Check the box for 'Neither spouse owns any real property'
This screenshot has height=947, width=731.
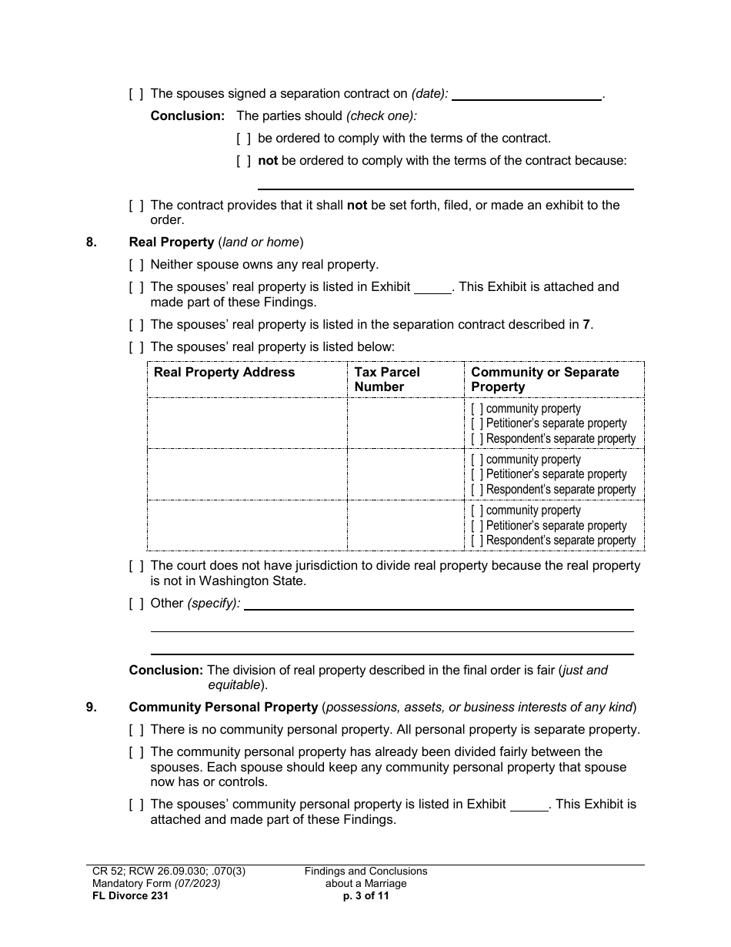tap(136, 265)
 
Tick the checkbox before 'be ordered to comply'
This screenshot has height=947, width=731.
tap(243, 139)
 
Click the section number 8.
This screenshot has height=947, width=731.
tap(92, 242)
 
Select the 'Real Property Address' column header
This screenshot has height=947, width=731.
tap(224, 372)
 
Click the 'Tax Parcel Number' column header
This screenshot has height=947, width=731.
tap(386, 379)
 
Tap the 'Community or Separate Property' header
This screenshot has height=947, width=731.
tap(545, 379)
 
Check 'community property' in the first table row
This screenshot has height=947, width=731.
tap(477, 409)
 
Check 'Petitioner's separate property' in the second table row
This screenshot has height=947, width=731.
tap(477, 474)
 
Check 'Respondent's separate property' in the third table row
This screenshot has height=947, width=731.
tap(477, 540)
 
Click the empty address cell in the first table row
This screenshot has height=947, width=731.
tap(246, 423)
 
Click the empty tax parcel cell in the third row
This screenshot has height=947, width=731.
tap(405, 525)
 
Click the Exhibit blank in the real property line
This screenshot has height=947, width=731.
tap(432, 288)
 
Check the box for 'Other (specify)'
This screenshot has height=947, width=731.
tap(136, 603)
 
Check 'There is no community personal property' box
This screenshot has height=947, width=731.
tap(136, 729)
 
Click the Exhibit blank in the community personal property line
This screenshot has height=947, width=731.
tap(529, 805)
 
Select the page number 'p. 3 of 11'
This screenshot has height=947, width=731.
tap(365, 895)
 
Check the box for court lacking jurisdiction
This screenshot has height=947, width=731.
tap(136, 566)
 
